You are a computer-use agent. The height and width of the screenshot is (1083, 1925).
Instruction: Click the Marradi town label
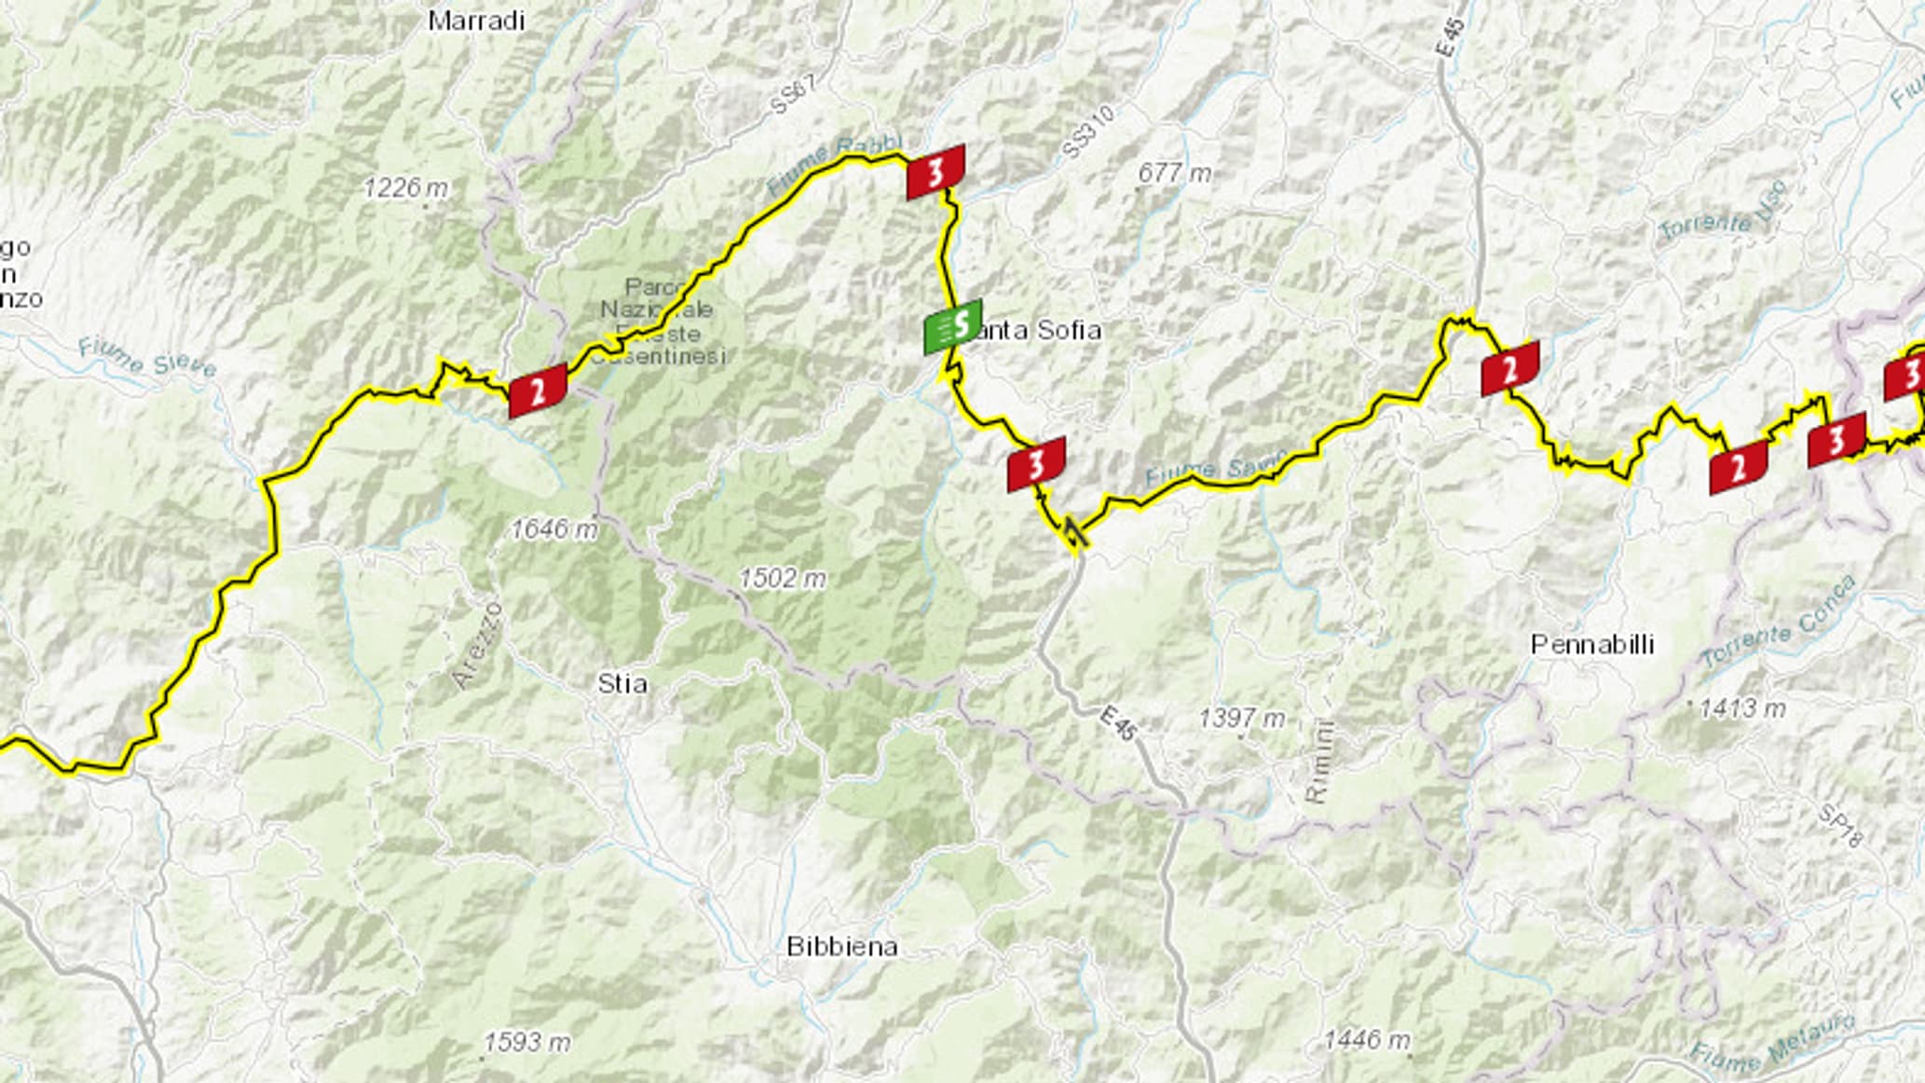(476, 21)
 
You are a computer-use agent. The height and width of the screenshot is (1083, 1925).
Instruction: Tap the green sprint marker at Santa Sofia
(952, 327)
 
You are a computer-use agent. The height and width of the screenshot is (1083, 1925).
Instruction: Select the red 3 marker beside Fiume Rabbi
(935, 171)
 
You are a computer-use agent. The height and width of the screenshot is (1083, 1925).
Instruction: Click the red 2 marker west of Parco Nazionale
(538, 391)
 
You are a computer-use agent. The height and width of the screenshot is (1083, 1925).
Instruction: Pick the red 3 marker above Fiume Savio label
(1035, 464)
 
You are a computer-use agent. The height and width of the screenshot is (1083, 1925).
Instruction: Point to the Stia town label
(621, 684)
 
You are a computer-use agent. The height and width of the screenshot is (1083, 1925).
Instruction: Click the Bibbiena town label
(841, 947)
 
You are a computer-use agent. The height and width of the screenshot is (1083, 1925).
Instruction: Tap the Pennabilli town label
(1592, 644)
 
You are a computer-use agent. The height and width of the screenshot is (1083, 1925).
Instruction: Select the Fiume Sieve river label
(146, 357)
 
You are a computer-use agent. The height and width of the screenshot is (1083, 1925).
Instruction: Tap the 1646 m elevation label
(553, 529)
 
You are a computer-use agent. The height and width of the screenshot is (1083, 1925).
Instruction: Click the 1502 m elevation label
(782, 579)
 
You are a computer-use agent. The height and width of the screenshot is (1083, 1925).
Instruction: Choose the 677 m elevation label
(1174, 172)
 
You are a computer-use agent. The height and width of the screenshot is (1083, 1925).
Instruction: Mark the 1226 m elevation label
(405, 188)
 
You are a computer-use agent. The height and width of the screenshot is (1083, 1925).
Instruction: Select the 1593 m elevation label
(526, 1042)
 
